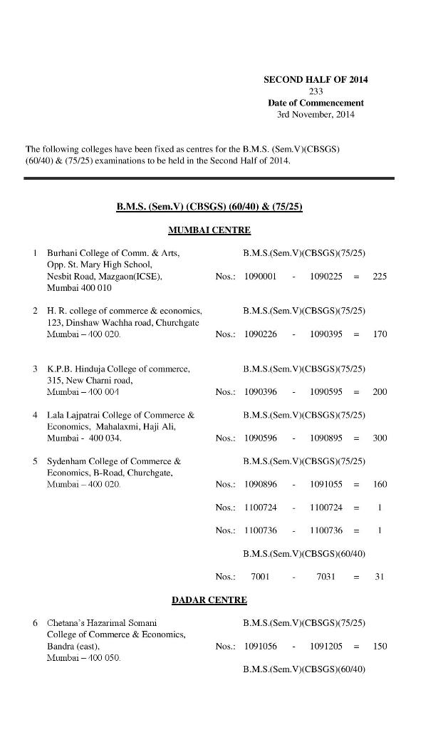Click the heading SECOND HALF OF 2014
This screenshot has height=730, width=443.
pyautogui.click(x=316, y=79)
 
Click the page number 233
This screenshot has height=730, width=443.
pyautogui.click(x=316, y=91)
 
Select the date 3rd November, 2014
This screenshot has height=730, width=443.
pyautogui.click(x=316, y=115)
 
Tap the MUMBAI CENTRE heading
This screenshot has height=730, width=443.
pyautogui.click(x=209, y=230)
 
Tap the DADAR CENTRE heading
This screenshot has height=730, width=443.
pyautogui.click(x=209, y=600)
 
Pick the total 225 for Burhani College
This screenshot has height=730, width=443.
pyautogui.click(x=380, y=277)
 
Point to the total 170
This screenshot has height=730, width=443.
pyautogui.click(x=380, y=334)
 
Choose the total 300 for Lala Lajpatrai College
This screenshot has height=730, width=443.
pyautogui.click(x=380, y=438)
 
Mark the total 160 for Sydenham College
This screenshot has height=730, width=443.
pyautogui.click(x=380, y=485)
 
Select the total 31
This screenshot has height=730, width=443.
pyautogui.click(x=380, y=577)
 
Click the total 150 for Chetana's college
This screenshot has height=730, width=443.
pyautogui.click(x=380, y=647)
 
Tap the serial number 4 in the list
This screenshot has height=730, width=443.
pyautogui.click(x=35, y=415)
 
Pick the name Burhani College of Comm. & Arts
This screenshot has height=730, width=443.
pyautogui.click(x=113, y=253)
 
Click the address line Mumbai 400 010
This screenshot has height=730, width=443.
pyautogui.click(x=79, y=288)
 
